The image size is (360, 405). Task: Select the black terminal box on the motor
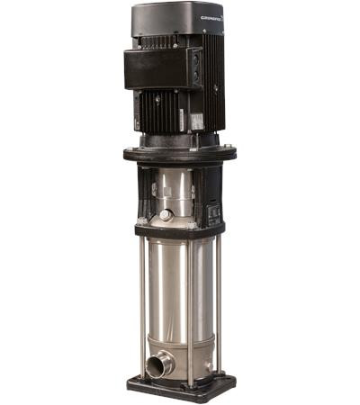click(x=161, y=68)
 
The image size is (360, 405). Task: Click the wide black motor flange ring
click(x=179, y=154)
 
